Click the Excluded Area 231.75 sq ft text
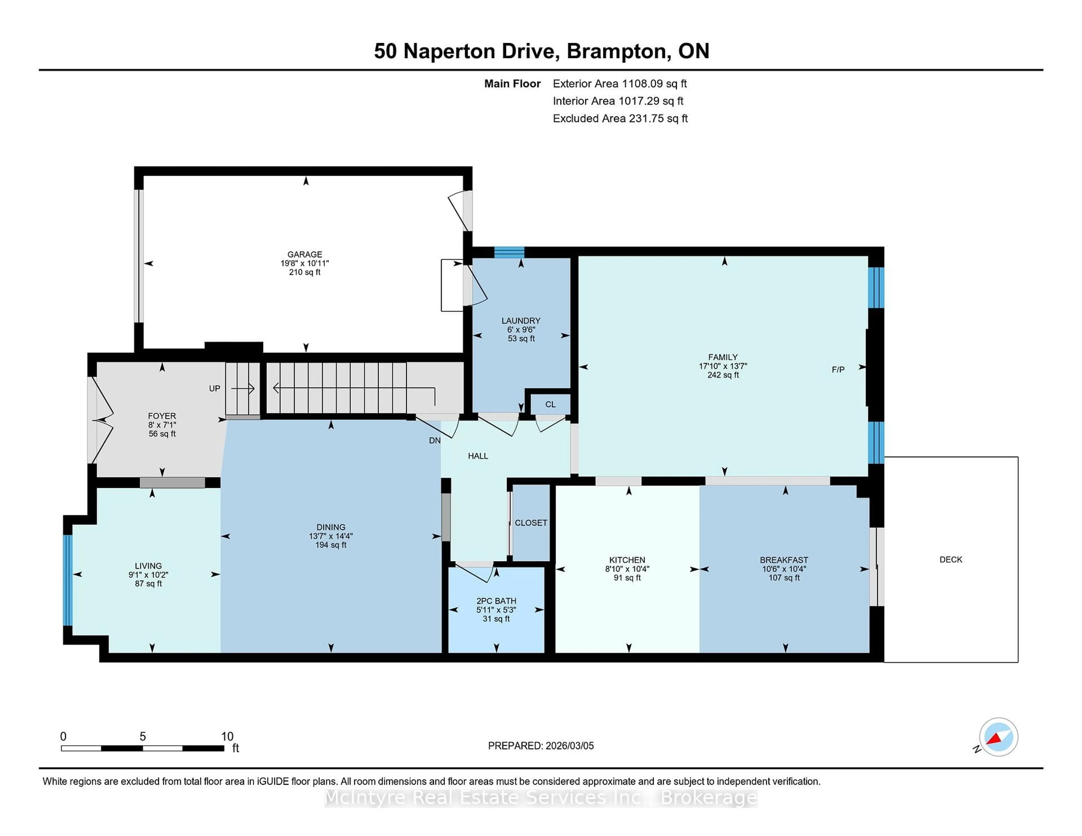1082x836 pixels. point(620,118)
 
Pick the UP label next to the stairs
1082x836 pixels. point(214,389)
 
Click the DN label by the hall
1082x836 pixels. point(434,440)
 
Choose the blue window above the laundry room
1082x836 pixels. point(509,252)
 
